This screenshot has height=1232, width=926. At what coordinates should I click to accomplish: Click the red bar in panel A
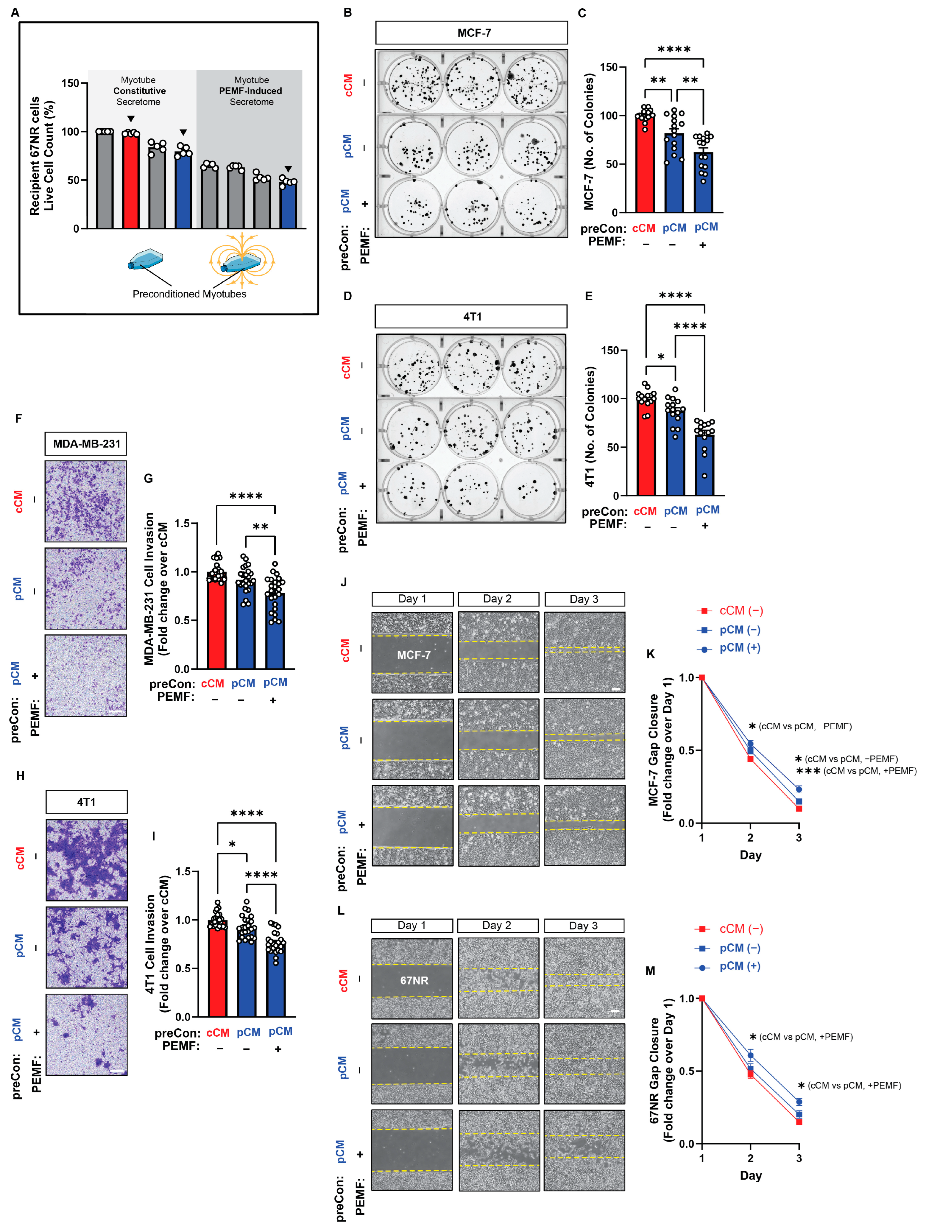pos(130,181)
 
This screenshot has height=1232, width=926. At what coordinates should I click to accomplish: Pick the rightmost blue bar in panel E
pos(704,465)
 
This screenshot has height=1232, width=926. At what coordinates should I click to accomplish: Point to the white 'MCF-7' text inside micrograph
pos(413,655)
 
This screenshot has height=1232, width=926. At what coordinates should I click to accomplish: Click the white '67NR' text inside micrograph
pos(414,980)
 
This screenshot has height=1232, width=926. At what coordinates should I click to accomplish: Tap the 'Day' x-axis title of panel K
pos(750,855)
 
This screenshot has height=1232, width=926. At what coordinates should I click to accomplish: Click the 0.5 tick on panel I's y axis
pos(183,968)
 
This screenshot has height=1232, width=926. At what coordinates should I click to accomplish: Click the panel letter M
pos(650,971)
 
